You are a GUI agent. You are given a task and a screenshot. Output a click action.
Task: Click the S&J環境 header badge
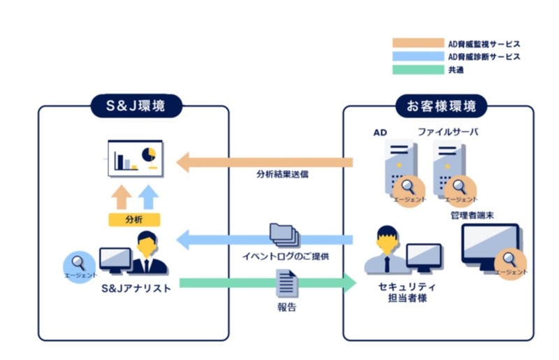(x=136, y=106)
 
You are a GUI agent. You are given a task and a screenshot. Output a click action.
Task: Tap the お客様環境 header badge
(x=441, y=106)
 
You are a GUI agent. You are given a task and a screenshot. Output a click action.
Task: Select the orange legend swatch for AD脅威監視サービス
(x=418, y=43)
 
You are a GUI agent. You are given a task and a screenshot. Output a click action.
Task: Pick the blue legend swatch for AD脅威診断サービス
(x=418, y=57)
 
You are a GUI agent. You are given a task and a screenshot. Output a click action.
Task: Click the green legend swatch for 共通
(x=418, y=70)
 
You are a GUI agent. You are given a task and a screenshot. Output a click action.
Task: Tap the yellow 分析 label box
(x=133, y=219)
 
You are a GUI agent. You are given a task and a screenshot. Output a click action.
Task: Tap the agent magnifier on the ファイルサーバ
(x=459, y=187)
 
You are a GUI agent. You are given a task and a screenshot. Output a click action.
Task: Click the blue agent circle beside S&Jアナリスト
(x=78, y=264)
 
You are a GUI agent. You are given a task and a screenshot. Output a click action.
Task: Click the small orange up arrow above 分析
(x=120, y=197)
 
